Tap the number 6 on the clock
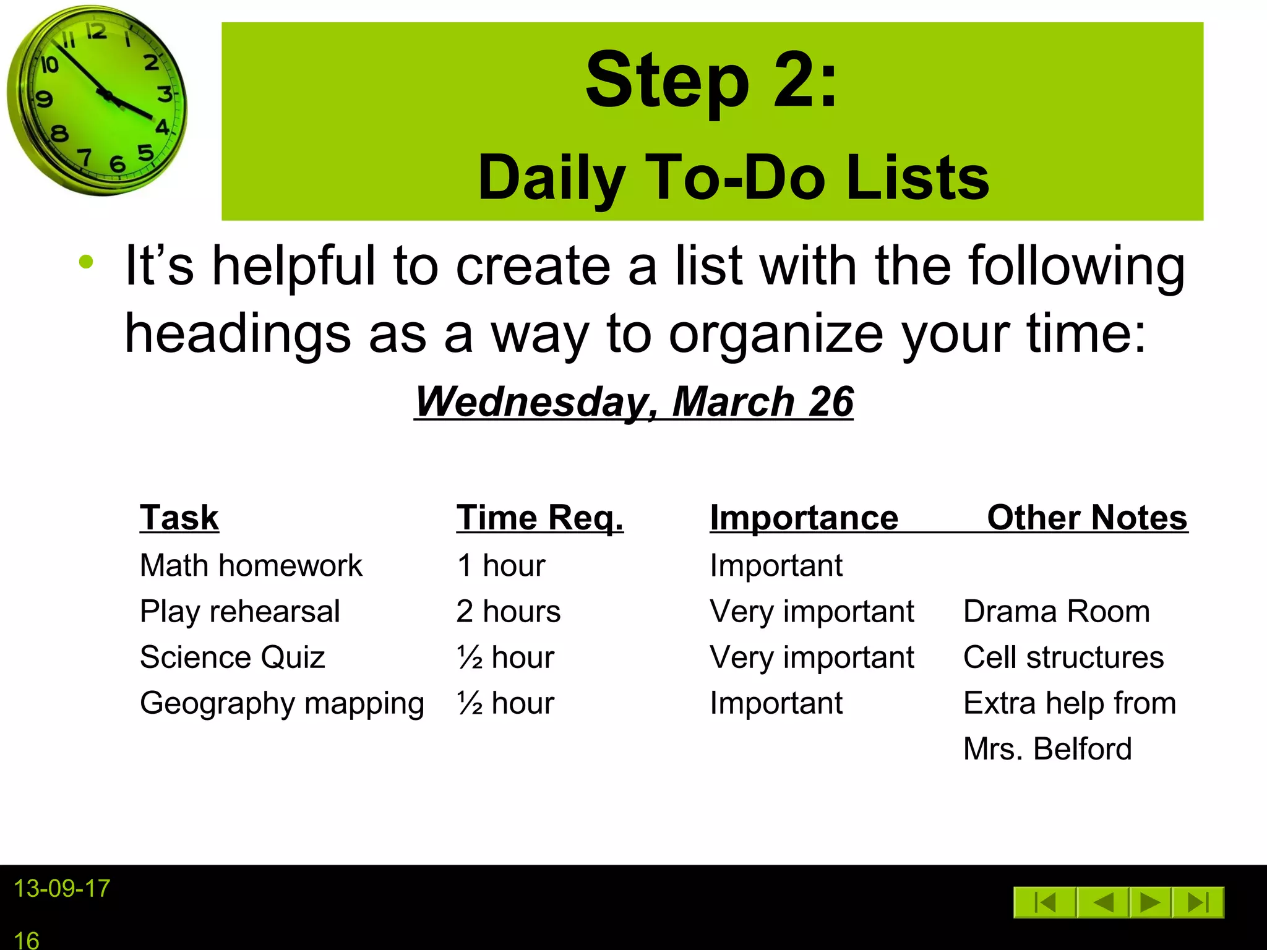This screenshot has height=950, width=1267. point(117,164)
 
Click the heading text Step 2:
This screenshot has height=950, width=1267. point(711,80)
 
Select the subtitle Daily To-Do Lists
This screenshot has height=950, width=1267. point(734,178)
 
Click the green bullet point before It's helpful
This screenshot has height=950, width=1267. point(86,262)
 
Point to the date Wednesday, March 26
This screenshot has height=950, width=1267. point(633,402)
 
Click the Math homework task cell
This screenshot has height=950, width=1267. point(251,565)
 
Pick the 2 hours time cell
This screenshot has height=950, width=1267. point(509,611)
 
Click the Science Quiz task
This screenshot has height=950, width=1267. point(233,657)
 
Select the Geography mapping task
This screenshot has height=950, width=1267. point(282,703)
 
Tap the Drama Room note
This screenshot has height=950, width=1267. point(1057,611)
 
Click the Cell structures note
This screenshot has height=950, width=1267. point(1063,657)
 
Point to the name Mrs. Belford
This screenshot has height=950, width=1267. point(1047,748)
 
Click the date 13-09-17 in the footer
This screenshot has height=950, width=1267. point(62,889)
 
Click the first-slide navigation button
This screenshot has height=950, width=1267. point(1045,902)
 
